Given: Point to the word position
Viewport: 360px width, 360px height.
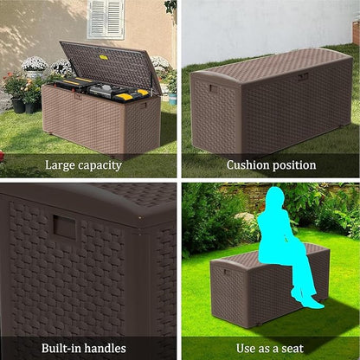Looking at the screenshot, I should tap(294, 165).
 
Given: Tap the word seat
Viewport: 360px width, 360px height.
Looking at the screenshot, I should tap(292, 349).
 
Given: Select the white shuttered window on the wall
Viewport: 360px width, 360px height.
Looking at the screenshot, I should tap(105, 18).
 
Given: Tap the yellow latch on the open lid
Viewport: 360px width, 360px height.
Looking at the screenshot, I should tap(102, 57).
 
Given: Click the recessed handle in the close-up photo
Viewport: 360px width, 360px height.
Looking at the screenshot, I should tap(64, 227).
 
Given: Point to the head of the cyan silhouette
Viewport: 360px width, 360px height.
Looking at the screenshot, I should tap(274, 199).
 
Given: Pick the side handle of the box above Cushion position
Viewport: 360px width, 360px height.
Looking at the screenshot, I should tap(211, 88).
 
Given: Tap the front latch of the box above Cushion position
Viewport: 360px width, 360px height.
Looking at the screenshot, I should tap(303, 76).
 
